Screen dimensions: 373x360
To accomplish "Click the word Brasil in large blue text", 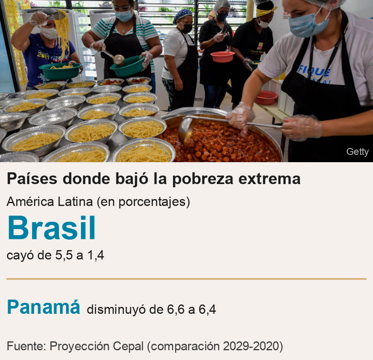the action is [x=51, y=227].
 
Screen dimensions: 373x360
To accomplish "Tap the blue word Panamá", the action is [x=43, y=307].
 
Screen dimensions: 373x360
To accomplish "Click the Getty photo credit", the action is [x=357, y=152].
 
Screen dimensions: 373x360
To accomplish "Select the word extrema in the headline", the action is [x=269, y=179].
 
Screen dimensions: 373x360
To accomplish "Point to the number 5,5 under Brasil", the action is [x=64, y=255].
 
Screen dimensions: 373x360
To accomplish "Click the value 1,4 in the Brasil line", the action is [x=96, y=255].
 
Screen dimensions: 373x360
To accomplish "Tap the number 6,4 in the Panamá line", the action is [x=207, y=310].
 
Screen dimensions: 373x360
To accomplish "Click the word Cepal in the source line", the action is [x=128, y=346].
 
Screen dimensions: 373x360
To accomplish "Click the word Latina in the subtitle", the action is [x=75, y=202].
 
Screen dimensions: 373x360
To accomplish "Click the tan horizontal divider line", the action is [x=186, y=279].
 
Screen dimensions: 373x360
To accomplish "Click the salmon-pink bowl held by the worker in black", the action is [x=223, y=57].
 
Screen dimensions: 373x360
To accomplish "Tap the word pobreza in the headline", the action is [x=202, y=179].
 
